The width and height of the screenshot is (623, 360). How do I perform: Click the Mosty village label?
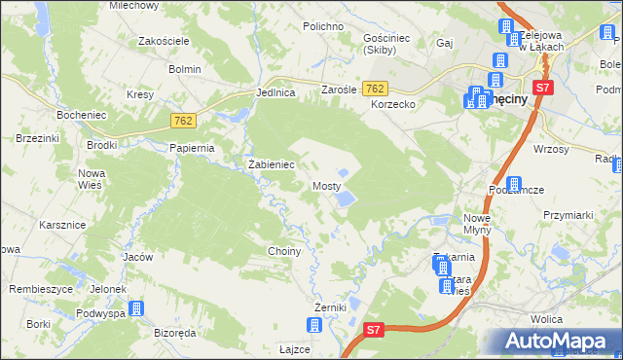tap(326, 185)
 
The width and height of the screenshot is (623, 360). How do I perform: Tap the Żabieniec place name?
tap(272, 164)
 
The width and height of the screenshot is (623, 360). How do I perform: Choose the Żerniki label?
tap(330, 307)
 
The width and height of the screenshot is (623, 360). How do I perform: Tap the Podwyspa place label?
tap(101, 313)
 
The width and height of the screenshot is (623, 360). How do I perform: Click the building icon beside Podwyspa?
tap(136, 309)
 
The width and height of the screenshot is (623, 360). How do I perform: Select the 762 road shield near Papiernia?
tap(182, 121)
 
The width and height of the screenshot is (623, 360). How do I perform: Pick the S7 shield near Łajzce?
tap(375, 331)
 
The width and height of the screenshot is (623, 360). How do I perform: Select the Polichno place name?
tap(323, 26)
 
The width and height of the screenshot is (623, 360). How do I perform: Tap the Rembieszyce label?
tap(40, 289)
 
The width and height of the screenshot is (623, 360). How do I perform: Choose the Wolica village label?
tap(548, 318)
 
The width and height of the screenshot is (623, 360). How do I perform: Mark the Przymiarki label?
tap(568, 216)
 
